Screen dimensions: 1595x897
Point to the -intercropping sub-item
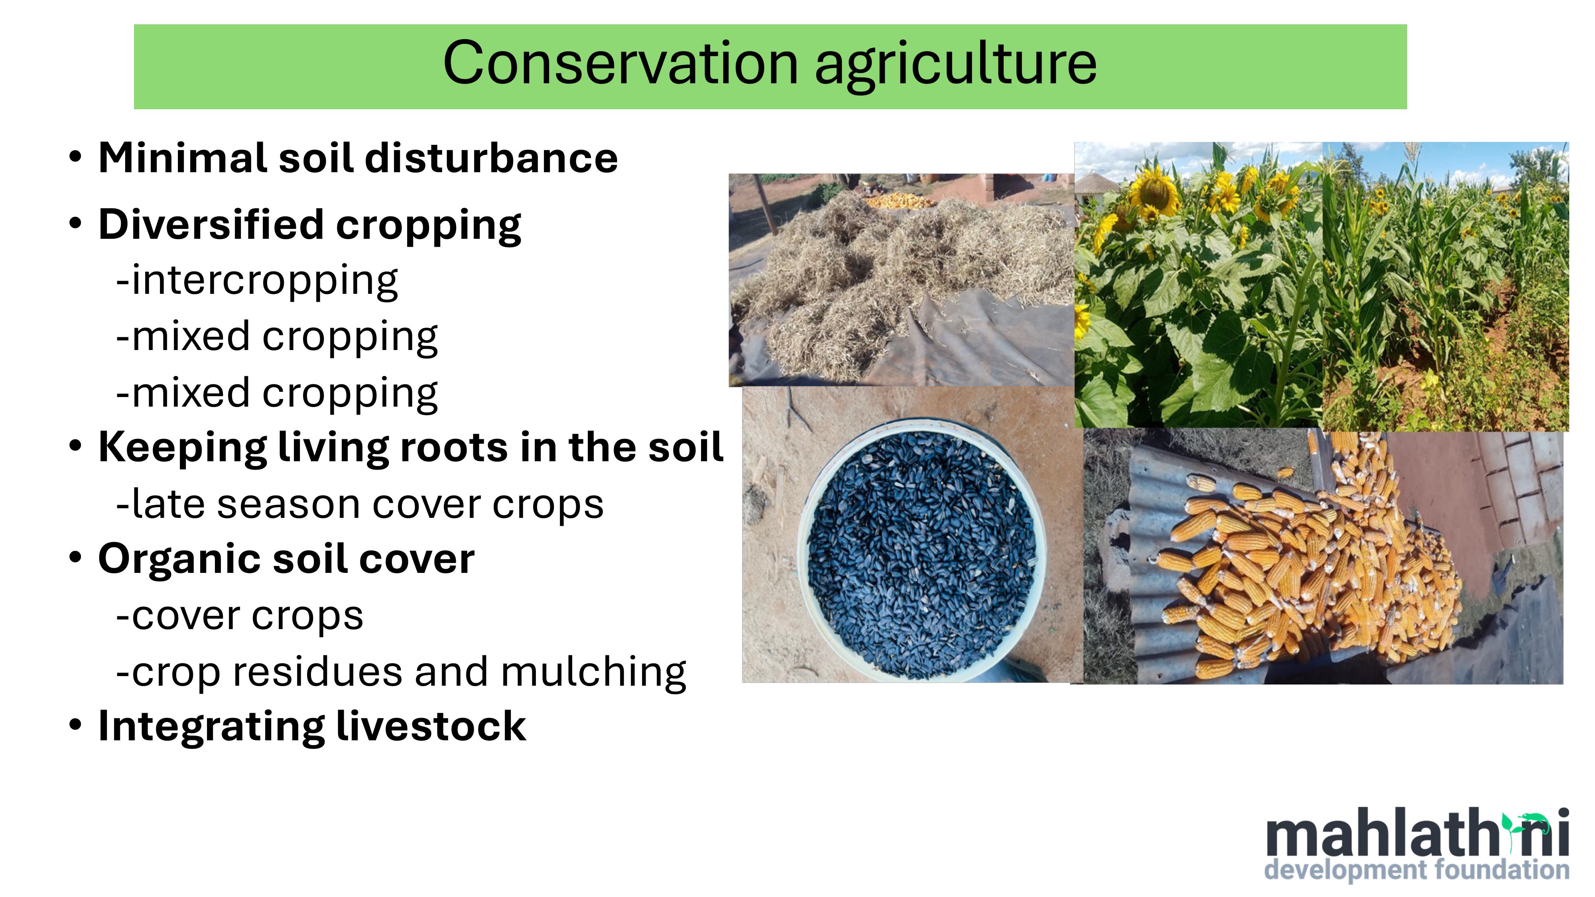257,281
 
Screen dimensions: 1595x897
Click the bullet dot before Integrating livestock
75,725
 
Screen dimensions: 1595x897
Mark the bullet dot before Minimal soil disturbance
75,157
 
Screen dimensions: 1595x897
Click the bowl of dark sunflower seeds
922,550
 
